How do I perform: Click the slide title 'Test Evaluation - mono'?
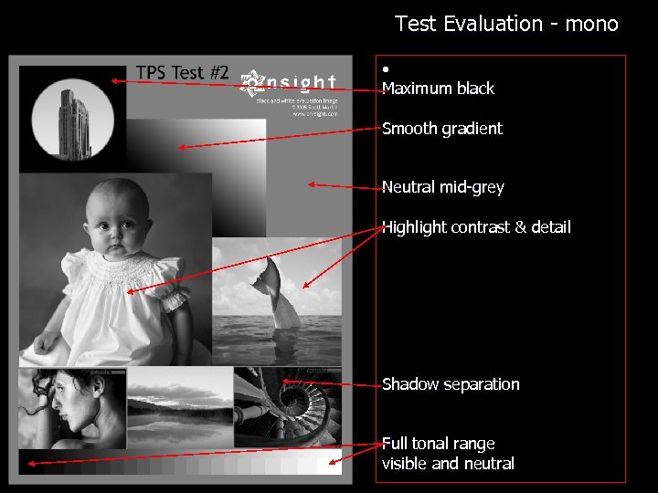[x=506, y=24]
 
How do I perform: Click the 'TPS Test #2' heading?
[x=182, y=73]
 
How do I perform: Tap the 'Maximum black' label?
[x=438, y=89]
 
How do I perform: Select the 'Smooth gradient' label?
[x=442, y=129]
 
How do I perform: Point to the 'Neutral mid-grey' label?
[x=443, y=187]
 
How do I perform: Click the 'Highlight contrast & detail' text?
[x=476, y=226]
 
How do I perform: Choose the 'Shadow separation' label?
[x=451, y=384]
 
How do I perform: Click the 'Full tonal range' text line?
[x=439, y=444]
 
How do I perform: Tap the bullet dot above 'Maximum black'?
[x=387, y=69]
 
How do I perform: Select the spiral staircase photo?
[x=287, y=405]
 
